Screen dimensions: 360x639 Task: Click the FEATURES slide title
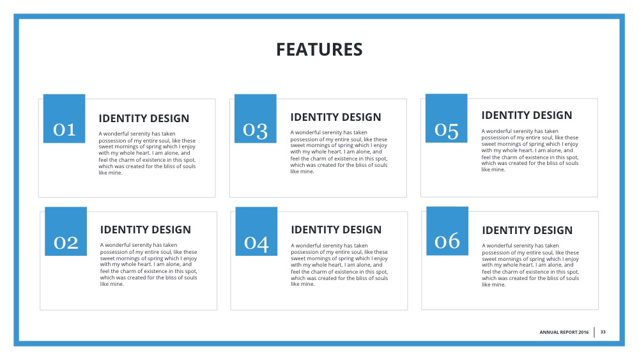click(x=319, y=49)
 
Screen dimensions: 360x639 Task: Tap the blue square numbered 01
click(x=64, y=119)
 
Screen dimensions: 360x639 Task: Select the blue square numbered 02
click(x=66, y=231)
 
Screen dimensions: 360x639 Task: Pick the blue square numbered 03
click(x=256, y=119)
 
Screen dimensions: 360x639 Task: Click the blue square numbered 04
click(x=256, y=231)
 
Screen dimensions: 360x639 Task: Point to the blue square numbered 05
click(x=447, y=118)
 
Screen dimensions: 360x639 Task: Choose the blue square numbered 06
click(x=447, y=231)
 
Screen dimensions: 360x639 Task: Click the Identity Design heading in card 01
click(x=144, y=118)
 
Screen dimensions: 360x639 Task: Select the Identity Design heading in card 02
click(x=146, y=230)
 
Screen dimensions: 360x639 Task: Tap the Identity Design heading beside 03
click(x=335, y=117)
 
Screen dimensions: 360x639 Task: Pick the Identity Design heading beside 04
click(x=336, y=230)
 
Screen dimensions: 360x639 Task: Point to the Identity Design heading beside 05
click(x=527, y=115)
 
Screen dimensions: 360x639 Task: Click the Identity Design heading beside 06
click(x=527, y=230)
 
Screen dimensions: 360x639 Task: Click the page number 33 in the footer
click(x=603, y=332)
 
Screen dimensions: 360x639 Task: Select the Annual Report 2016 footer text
click(x=564, y=333)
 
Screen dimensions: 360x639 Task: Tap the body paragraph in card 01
click(x=147, y=153)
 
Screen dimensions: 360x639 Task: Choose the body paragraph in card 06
click(x=530, y=265)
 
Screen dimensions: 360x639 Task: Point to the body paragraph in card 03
click(x=339, y=152)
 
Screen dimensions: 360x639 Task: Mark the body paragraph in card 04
click(x=339, y=265)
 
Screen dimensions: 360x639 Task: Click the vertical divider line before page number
click(x=594, y=332)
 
